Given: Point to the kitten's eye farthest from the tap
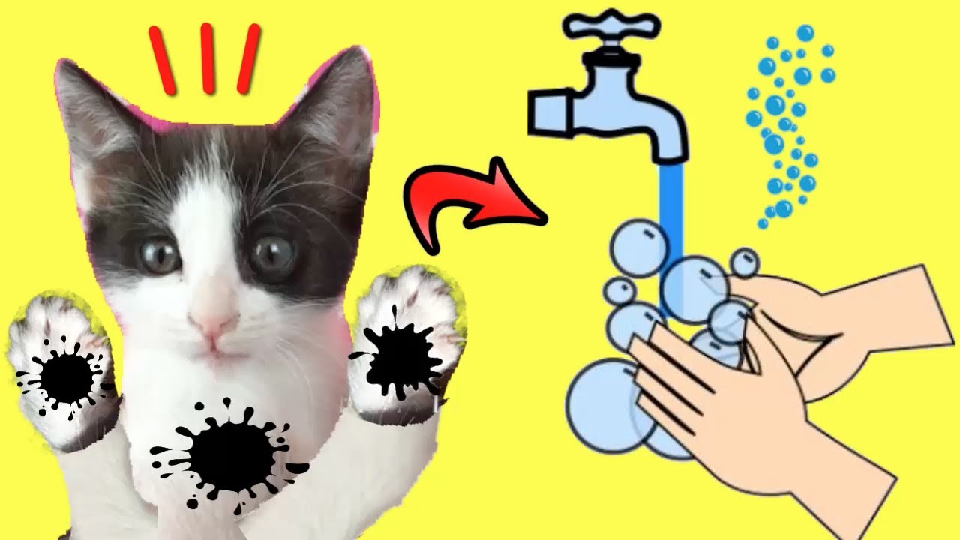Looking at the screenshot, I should (x=159, y=256).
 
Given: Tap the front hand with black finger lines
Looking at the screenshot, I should (x=750, y=420).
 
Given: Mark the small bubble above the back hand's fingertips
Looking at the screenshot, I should (x=744, y=262).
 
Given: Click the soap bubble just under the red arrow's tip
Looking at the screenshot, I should (x=637, y=248).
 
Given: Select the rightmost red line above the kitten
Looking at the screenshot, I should (x=248, y=59).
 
